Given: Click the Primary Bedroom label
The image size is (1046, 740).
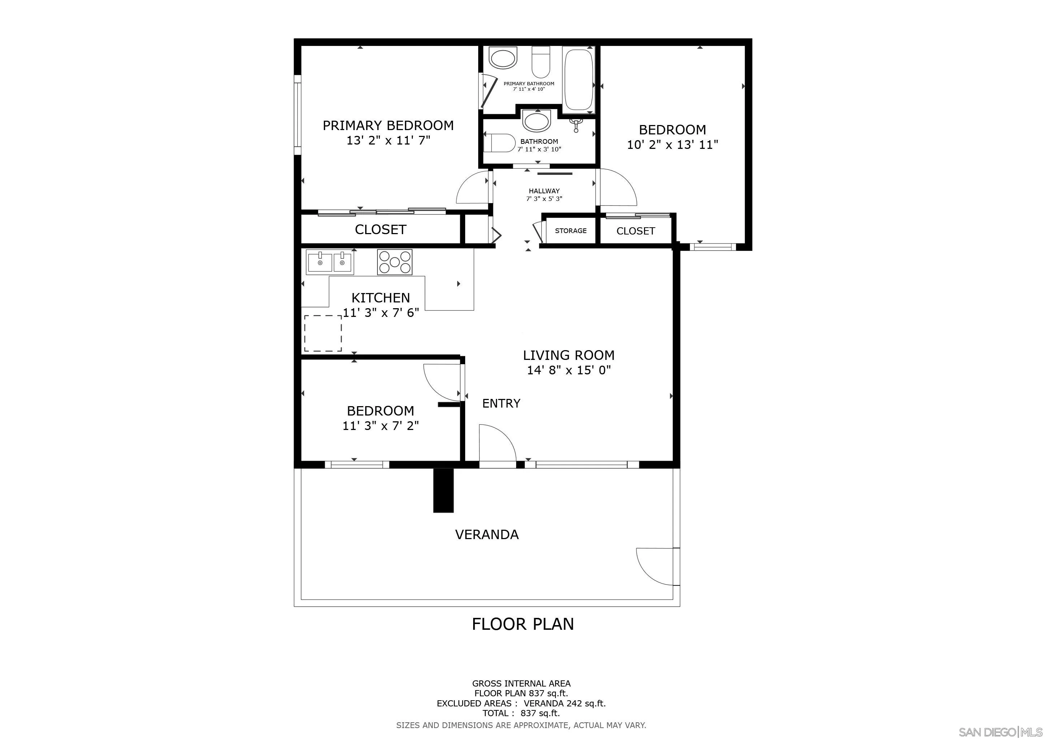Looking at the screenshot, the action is click(x=388, y=125).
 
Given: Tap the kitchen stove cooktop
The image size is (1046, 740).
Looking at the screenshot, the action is click(x=394, y=262).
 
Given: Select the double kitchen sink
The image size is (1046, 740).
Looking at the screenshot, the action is click(x=330, y=262).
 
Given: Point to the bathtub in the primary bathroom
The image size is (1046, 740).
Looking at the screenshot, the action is click(x=579, y=80).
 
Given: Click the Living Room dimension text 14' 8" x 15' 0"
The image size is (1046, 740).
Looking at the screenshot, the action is click(x=569, y=370).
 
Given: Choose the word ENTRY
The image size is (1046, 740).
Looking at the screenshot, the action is click(x=501, y=403).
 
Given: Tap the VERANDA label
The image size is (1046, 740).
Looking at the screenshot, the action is click(x=487, y=534).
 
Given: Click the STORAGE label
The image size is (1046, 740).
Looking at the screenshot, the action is click(x=571, y=231).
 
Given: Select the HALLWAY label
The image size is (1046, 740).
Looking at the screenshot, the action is click(x=544, y=191).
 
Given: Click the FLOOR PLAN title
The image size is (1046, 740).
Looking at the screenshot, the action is click(x=523, y=624).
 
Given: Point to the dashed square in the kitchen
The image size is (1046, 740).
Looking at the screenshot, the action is click(x=323, y=333).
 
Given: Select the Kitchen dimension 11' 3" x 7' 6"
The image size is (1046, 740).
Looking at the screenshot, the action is click(x=381, y=313).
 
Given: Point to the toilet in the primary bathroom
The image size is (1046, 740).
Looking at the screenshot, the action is click(x=541, y=63).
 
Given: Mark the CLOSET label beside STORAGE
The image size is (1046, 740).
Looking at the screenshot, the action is click(x=636, y=231).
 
